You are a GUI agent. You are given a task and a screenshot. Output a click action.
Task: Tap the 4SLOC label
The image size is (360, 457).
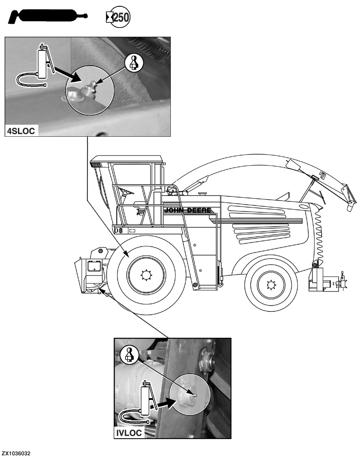(x=21, y=131)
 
